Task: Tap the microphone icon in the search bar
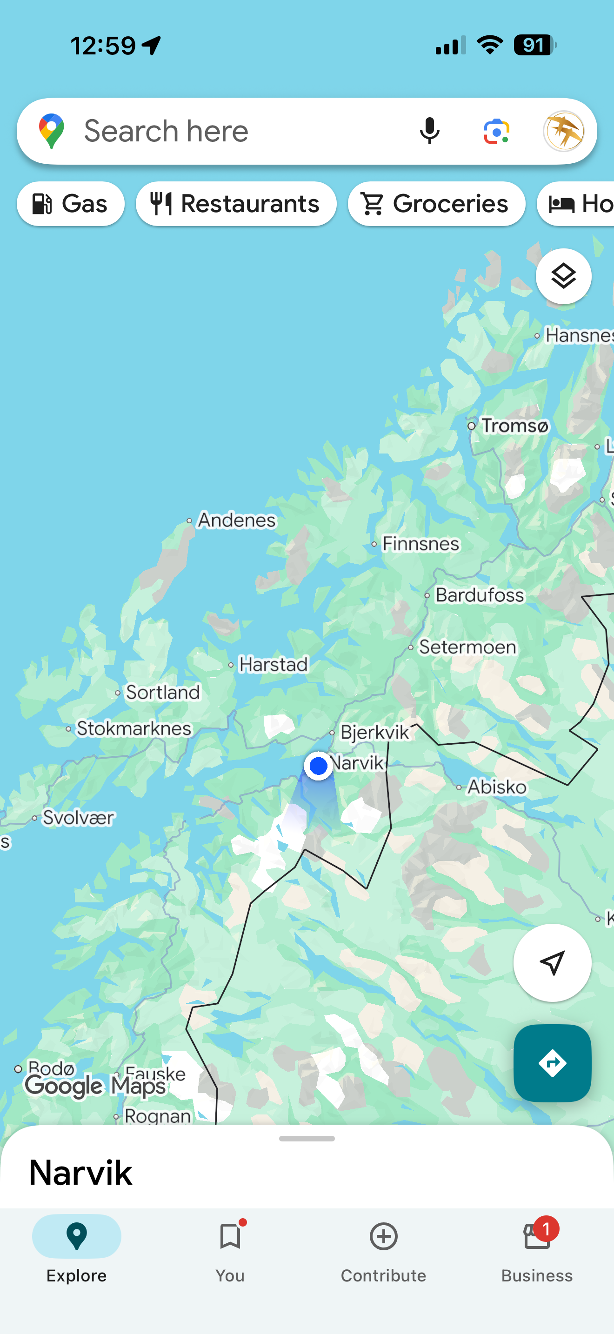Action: pyautogui.click(x=429, y=131)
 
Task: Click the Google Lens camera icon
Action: pyautogui.click(x=496, y=131)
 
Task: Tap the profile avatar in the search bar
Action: pyautogui.click(x=564, y=131)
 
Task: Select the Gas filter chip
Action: pyautogui.click(x=70, y=204)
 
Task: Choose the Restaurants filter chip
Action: pyautogui.click(x=236, y=204)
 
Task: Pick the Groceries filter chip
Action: pyautogui.click(x=436, y=204)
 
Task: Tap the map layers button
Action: pyautogui.click(x=563, y=276)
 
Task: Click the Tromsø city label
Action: pyautogui.click(x=514, y=426)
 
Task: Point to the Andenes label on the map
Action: pyautogui.click(x=237, y=520)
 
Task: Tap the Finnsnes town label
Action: pyautogui.click(x=420, y=544)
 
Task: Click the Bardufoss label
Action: pyautogui.click(x=480, y=595)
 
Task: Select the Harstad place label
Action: pyautogui.click(x=274, y=664)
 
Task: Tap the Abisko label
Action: pyautogui.click(x=496, y=787)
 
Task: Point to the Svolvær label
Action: pyautogui.click(x=78, y=818)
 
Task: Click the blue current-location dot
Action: pyautogui.click(x=318, y=766)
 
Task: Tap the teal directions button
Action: pyautogui.click(x=552, y=1063)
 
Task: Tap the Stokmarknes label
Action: pyautogui.click(x=133, y=728)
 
